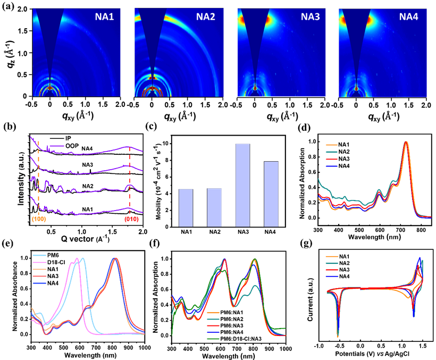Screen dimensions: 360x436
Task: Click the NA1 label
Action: [104, 16]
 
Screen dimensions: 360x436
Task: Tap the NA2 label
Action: [205, 16]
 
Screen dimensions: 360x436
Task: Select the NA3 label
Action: [311, 16]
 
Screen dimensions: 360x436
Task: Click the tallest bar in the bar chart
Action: [242, 185]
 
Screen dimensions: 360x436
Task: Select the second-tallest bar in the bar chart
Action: [271, 194]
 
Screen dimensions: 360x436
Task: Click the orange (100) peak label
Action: [38, 219]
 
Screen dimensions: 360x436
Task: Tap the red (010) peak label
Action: [131, 219]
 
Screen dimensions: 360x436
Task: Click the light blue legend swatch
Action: [40, 256]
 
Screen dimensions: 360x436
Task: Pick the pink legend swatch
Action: [40, 263]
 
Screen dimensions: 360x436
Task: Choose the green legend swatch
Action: [213, 339]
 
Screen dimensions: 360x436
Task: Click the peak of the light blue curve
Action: [83, 258]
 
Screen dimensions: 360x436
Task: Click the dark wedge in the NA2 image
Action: [153, 32]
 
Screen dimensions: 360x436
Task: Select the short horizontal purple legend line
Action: [56, 145]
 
